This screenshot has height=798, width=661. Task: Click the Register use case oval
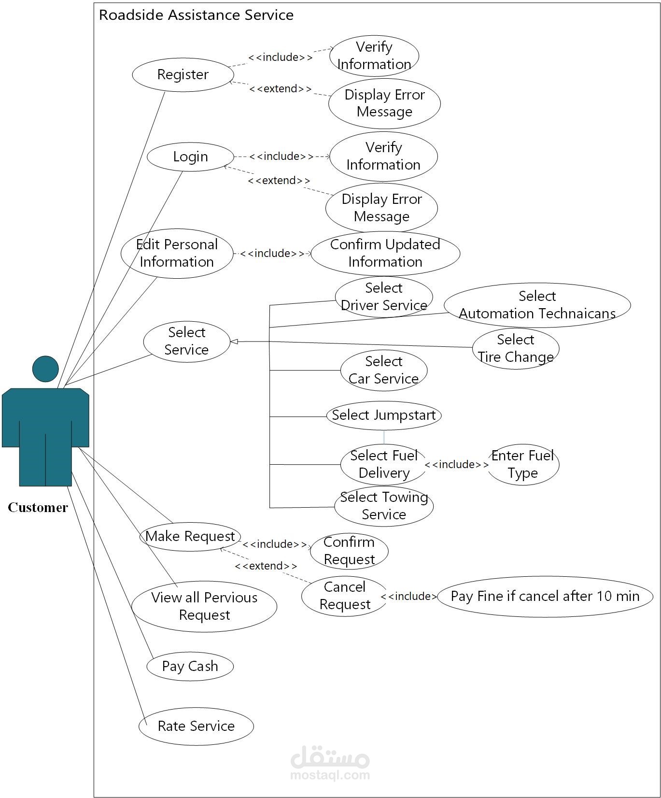click(183, 75)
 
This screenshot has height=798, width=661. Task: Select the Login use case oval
click(190, 157)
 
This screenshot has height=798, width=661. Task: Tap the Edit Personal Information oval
click(177, 253)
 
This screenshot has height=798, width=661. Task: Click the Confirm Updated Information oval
click(385, 253)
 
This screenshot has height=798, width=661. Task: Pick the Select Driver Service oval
click(384, 297)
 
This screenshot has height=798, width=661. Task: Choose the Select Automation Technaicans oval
click(537, 305)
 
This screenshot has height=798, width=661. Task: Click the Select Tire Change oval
click(515, 348)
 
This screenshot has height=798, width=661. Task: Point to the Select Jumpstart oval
click(384, 415)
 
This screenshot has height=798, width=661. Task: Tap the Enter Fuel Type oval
click(523, 464)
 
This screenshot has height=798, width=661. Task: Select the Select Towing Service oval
click(384, 506)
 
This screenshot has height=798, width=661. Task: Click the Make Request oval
click(190, 536)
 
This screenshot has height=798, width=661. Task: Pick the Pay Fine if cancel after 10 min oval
click(545, 596)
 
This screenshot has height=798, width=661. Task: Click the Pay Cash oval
click(190, 666)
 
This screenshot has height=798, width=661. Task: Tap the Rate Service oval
click(196, 726)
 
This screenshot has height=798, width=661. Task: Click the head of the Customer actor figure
click(45, 369)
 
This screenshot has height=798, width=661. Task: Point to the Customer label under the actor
click(38, 508)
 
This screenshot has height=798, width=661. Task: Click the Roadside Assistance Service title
click(196, 15)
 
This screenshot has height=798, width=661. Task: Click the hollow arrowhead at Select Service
click(234, 342)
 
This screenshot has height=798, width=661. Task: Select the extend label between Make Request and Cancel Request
click(266, 566)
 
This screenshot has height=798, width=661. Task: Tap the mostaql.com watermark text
click(330, 775)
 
